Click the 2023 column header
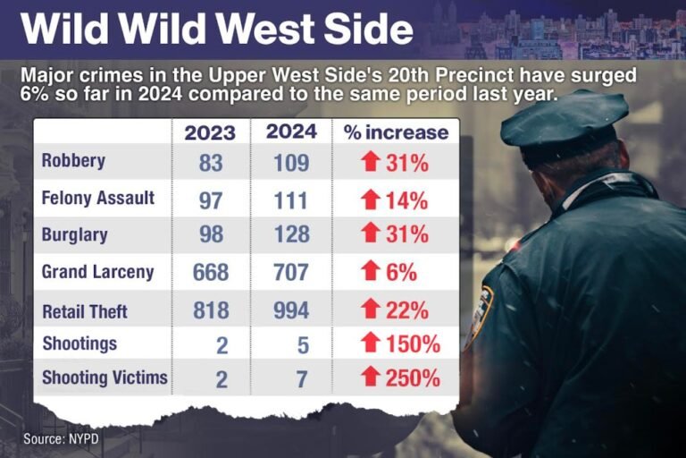click(210, 132)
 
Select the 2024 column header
click(291, 131)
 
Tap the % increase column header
click(396, 132)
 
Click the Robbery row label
click(73, 161)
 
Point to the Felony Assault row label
click(98, 198)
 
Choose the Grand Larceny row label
click(98, 272)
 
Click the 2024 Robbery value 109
click(291, 164)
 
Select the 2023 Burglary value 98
click(212, 234)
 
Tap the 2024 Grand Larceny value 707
click(291, 272)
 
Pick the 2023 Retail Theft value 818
click(211, 310)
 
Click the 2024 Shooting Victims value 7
click(302, 379)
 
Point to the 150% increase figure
click(413, 344)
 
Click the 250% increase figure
click(413, 378)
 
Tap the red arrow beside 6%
click(371, 270)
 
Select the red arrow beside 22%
click(371, 309)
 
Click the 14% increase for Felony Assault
click(406, 201)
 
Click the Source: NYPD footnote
click(61, 438)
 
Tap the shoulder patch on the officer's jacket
click(479, 314)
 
